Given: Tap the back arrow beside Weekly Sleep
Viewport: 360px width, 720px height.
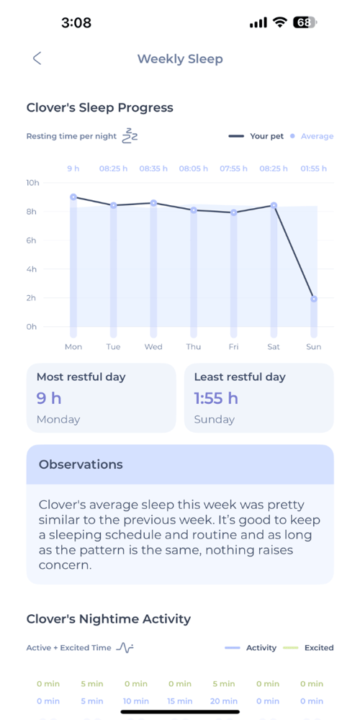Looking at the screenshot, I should point(37,59).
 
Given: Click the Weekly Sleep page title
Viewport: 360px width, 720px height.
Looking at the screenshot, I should point(180,59).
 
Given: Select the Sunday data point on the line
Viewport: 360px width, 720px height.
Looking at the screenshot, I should point(314,299).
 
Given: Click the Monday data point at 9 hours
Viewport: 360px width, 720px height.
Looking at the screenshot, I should point(73,197).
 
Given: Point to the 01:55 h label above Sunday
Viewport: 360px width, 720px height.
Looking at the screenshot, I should point(314,168).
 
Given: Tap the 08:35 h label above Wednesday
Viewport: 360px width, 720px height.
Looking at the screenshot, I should point(153,168).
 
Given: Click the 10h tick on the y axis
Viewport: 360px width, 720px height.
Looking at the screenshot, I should point(32,183).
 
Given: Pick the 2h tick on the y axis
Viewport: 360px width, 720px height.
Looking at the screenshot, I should point(32,298).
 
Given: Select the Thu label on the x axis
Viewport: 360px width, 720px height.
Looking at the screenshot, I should point(194,346).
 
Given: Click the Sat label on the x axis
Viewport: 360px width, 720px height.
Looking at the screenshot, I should point(274,346).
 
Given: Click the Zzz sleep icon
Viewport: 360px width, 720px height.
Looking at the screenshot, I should point(130,135).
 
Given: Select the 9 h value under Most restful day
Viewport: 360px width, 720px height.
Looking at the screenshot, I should point(49,398).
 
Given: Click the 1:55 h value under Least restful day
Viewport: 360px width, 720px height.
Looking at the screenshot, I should point(216,398).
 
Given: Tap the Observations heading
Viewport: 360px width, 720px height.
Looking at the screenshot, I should point(81,464).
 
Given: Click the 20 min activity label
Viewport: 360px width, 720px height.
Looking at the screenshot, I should point(223,701).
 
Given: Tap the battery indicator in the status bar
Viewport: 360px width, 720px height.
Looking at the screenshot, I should point(305,22).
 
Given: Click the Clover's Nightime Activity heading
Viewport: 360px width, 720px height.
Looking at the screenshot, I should point(109,619).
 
